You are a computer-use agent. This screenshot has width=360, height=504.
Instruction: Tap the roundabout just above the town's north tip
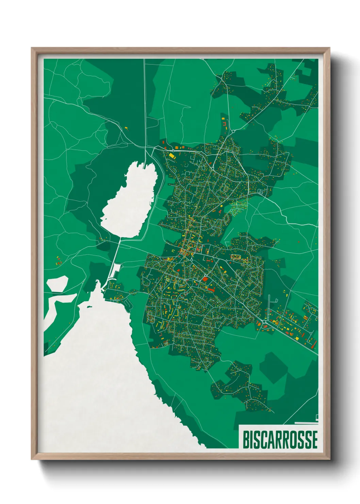[x=233, y=131]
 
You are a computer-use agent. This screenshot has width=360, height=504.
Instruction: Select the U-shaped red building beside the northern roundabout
[x=225, y=123]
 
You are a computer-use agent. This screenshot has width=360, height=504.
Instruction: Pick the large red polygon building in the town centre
[x=205, y=279]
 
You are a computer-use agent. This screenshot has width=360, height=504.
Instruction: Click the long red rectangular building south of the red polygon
[x=211, y=290]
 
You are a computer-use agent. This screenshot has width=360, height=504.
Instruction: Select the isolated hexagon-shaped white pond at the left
[x=57, y=284]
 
